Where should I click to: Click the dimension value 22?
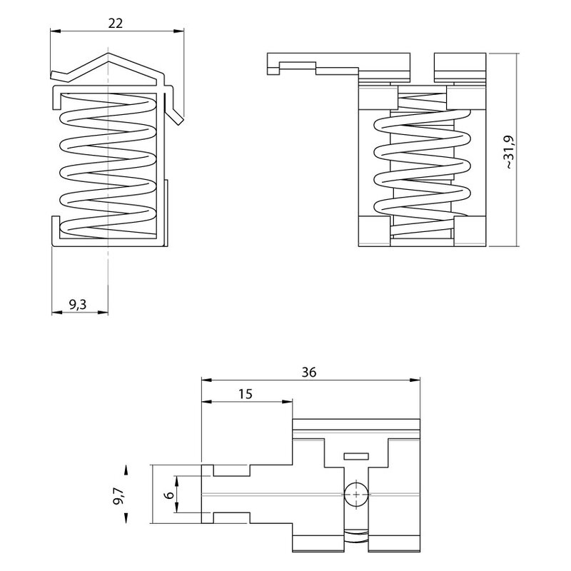pyautogui.click(x=116, y=24)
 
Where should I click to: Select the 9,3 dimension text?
pyautogui.click(x=78, y=304)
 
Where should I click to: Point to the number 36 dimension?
pyautogui.click(x=309, y=372)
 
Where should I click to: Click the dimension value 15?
pyautogui.click(x=246, y=394)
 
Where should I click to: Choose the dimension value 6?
pyautogui.click(x=168, y=495)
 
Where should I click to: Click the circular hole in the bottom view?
pyautogui.click(x=355, y=494)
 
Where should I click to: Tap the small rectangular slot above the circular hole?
pyautogui.click(x=356, y=456)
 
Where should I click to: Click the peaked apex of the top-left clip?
pyautogui.click(x=108, y=54)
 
